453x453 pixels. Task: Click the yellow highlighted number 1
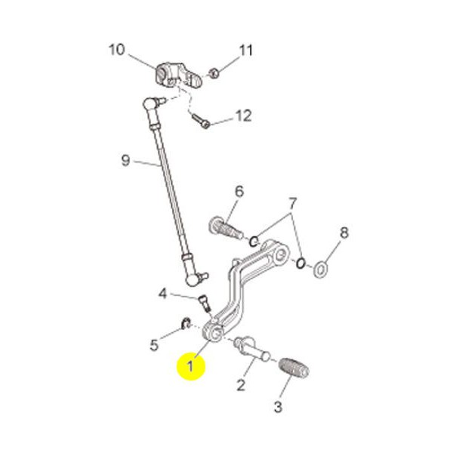pos(191,366)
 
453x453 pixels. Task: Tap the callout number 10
pos(117,49)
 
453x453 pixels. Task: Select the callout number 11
pos(246,51)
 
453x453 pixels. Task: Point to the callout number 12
pos(244,116)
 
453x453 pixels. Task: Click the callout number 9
pos(125,160)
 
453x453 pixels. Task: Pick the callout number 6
pos(239,191)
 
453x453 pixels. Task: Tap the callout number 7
pos(292,204)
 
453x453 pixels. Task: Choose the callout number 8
pos(344,233)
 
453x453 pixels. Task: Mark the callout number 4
pos(162,294)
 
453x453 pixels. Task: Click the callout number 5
pos(154,344)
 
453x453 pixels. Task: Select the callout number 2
pos(241,385)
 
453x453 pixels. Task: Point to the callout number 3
pos(278,407)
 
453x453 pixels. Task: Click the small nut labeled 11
pos(214,72)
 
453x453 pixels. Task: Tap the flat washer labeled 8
pos(320,270)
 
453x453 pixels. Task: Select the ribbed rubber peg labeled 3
pos(294,368)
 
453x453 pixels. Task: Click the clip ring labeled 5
pos(186,324)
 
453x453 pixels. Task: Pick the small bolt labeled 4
pos(205,303)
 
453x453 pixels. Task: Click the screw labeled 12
pos(201,121)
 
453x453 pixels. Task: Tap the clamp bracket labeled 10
pos(178,75)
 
